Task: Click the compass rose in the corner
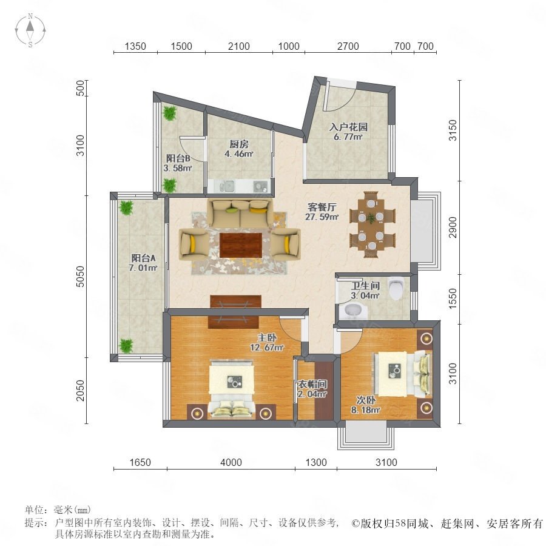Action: click(x=30, y=30)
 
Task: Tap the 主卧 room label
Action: click(x=267, y=337)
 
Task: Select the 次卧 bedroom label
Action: click(x=366, y=400)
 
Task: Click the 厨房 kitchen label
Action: click(x=239, y=144)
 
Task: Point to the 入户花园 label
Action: click(x=349, y=127)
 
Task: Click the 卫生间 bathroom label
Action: click(x=365, y=286)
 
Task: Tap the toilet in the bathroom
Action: click(x=396, y=288)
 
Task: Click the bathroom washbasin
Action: click(x=352, y=311)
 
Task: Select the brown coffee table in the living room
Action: click(x=241, y=245)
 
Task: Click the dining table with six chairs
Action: click(x=372, y=224)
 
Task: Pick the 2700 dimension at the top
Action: click(x=348, y=46)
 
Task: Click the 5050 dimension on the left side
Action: click(x=81, y=277)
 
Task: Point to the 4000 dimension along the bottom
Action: click(x=231, y=462)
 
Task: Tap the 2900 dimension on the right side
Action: click(x=453, y=227)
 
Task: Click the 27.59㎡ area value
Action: click(x=322, y=217)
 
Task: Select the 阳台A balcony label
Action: click(x=143, y=258)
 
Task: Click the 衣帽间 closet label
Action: click(x=312, y=385)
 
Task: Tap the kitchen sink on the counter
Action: click(x=229, y=187)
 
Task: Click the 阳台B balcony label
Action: click(x=178, y=158)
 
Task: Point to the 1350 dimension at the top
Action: click(x=135, y=46)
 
